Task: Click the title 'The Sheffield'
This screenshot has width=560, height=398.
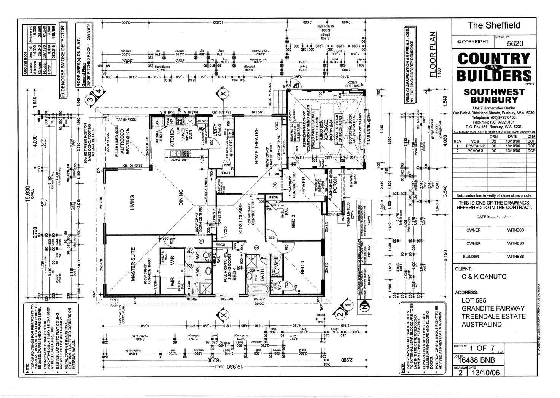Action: point(494,25)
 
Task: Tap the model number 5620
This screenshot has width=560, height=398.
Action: point(515,43)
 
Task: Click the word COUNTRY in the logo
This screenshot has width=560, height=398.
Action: point(494,59)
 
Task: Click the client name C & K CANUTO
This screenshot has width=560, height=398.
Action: point(484,277)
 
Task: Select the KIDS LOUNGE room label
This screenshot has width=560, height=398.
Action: point(241,218)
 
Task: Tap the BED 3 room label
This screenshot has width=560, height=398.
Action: point(303,267)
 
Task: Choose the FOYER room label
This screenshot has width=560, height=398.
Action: point(304,185)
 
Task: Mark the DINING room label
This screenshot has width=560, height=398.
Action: point(181,198)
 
